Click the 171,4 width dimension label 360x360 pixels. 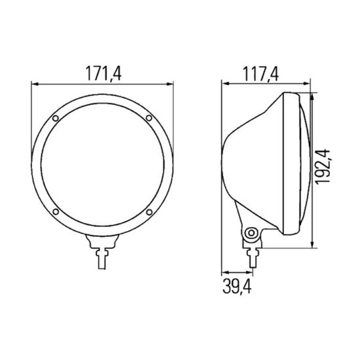pyautogui.click(x=103, y=73)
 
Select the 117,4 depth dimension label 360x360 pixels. pyautogui.click(x=261, y=74)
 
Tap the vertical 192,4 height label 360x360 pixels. pyautogui.click(x=322, y=166)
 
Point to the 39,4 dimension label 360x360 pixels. pyautogui.click(x=237, y=286)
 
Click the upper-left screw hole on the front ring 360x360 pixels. pyautogui.click(x=56, y=118)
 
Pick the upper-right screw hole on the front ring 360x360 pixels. pyautogui.click(x=149, y=118)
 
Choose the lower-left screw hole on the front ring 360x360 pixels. pyautogui.click(x=56, y=211)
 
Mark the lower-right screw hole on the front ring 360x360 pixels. pyautogui.click(x=149, y=212)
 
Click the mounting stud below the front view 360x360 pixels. pyautogui.click(x=102, y=259)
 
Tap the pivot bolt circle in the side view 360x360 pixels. pyautogui.click(x=251, y=234)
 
